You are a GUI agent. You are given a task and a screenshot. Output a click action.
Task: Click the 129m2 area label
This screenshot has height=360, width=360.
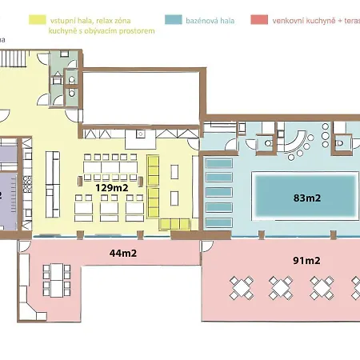point(112,188)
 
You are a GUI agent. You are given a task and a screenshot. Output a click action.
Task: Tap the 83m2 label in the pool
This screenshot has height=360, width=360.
point(307,198)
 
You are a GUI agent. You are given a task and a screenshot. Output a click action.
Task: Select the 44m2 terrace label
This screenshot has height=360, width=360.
point(123,253)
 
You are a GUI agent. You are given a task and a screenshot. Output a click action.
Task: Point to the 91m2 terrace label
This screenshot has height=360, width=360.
point(306,260)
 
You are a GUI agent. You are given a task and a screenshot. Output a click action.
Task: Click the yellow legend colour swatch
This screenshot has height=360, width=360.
point(38,20)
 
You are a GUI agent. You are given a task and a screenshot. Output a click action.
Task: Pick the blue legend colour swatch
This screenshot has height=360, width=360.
point(174,20)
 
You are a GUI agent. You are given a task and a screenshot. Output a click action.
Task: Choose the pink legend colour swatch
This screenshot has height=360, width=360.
point(259,20)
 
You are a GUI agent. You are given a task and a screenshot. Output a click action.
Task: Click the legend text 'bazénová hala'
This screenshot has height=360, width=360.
point(210,21)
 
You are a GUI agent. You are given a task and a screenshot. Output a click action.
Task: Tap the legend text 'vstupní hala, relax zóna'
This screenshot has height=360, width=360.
point(90,21)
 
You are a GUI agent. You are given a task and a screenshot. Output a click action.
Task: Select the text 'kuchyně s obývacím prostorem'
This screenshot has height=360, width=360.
point(102,31)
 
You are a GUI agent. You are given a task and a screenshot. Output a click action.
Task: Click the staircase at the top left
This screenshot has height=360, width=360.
point(13,58)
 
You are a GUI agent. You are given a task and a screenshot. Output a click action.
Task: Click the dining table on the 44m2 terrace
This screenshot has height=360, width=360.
point(57,280)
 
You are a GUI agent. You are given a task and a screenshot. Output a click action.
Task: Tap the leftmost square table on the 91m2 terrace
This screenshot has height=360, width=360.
point(242,288)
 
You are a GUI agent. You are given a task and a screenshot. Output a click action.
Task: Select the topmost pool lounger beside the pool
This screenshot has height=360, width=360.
point(219,163)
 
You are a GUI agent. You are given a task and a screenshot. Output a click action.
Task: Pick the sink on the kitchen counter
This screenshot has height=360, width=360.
point(141,134)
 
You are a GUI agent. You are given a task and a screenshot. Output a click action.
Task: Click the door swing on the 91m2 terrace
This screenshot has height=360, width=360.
point(207,246)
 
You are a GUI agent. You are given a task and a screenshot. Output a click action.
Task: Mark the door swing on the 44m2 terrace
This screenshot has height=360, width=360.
point(24,246)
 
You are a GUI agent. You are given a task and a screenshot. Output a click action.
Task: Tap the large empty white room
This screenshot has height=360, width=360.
point(142,98)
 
